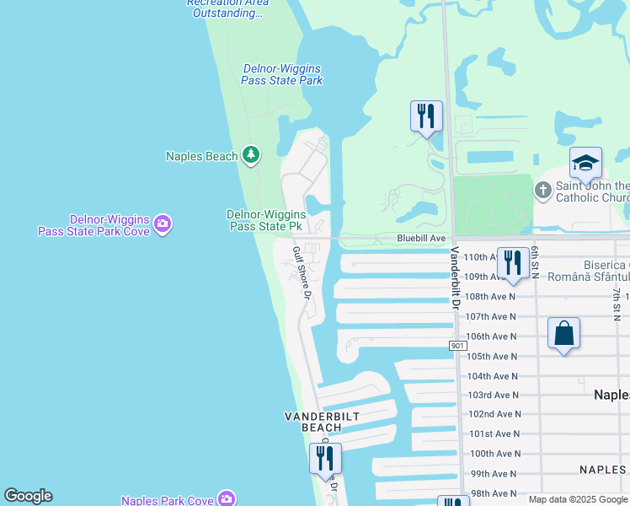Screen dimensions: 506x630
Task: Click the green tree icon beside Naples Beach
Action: (x=250, y=155)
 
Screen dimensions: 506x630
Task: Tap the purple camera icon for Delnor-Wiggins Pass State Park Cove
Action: (x=163, y=224)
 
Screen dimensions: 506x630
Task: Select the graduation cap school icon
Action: (x=585, y=163)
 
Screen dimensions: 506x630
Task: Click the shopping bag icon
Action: (x=563, y=333)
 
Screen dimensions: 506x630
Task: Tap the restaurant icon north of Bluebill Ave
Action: (x=426, y=116)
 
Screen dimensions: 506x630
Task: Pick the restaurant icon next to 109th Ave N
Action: (x=512, y=262)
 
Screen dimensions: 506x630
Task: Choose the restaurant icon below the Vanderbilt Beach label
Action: (x=325, y=458)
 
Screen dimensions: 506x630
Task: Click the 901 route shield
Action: (x=457, y=346)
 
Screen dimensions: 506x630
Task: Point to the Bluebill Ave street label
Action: (x=421, y=239)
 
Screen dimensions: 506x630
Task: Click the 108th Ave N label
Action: (x=490, y=297)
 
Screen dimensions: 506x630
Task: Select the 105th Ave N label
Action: (x=492, y=357)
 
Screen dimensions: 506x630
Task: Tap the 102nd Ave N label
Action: (x=494, y=414)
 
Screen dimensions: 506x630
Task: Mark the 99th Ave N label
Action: (x=494, y=474)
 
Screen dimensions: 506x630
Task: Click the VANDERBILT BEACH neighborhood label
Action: (x=312, y=422)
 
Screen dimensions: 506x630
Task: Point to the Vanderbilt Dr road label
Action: (x=456, y=278)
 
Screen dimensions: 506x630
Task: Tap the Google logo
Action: (x=28, y=496)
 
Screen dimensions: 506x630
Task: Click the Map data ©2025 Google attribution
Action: (x=578, y=499)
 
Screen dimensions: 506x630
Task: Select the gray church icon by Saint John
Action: (x=543, y=191)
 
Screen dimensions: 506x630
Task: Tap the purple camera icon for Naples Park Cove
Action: (x=227, y=499)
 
